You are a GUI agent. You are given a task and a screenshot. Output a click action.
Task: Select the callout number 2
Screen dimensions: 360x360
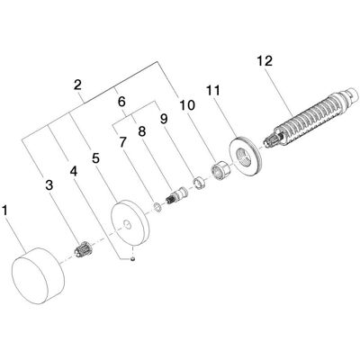point(77,85)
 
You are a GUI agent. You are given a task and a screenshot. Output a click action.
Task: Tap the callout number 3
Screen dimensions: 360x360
point(49,185)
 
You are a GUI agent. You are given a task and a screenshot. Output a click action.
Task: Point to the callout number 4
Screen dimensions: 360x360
point(74,172)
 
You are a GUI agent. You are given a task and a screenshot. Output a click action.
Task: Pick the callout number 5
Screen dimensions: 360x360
point(95,158)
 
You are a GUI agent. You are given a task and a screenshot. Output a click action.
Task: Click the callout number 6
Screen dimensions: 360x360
point(121,102)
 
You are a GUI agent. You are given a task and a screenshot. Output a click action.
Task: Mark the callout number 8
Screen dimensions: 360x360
point(141,131)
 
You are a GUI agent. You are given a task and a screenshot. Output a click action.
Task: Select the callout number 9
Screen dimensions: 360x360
point(164,119)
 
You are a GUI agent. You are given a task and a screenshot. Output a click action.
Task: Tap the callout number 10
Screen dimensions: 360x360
point(187,105)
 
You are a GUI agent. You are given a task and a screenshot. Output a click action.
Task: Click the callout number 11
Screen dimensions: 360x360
point(213,90)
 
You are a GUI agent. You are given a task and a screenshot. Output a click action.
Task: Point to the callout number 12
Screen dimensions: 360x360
point(265,61)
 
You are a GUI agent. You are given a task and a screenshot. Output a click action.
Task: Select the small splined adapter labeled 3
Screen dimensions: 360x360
point(84,248)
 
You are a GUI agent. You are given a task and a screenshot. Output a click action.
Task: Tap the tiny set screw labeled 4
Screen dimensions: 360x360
point(132,258)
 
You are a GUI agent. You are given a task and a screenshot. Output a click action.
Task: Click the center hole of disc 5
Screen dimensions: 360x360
point(127,224)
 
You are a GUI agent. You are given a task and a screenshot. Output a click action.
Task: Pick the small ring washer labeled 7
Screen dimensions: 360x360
point(157,207)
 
